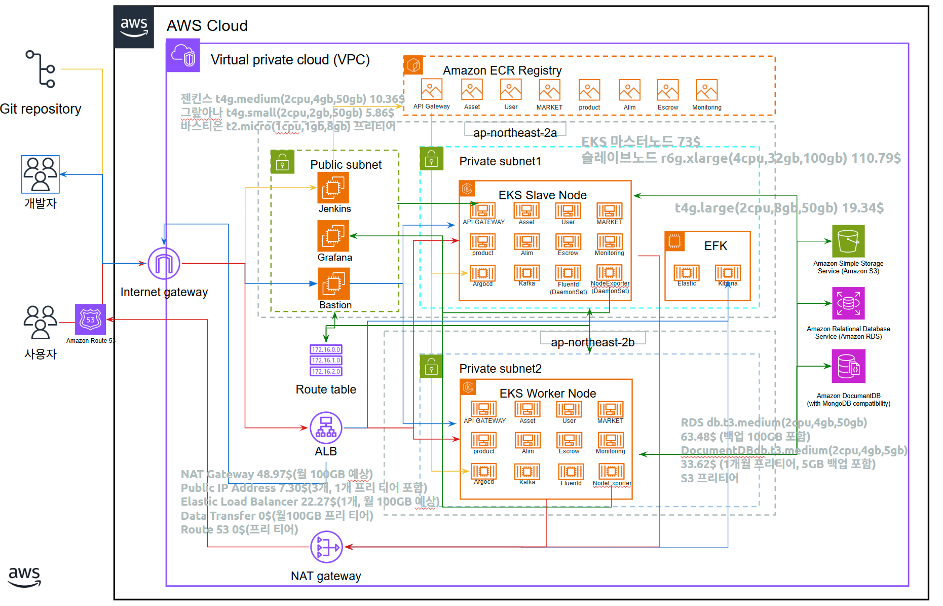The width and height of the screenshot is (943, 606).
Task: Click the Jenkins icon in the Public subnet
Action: [333, 188]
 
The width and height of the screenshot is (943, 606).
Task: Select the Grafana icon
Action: [333, 236]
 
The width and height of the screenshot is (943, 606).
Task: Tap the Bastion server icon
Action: [333, 283]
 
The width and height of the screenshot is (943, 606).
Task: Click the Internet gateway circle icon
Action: [164, 264]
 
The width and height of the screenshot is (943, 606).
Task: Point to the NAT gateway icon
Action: [326, 547]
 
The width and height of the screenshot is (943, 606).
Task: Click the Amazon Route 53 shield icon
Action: [90, 319]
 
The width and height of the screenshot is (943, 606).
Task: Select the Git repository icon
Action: [41, 69]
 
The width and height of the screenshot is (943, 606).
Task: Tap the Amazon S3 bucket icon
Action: [848, 241]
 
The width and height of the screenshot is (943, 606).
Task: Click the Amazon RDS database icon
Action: [848, 303]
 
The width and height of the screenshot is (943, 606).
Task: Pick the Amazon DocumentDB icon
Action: [848, 366]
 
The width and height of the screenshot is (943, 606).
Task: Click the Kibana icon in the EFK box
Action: [728, 272]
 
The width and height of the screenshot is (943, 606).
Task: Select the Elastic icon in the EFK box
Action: [687, 272]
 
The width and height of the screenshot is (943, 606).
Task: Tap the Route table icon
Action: [326, 361]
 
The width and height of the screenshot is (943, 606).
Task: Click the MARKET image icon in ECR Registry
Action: [549, 90]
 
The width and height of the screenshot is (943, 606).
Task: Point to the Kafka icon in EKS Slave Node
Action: [527, 273]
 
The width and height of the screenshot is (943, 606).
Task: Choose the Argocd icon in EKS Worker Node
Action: [484, 471]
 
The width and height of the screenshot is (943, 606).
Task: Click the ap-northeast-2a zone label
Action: [515, 133]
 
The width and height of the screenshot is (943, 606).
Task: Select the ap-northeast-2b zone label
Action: [592, 342]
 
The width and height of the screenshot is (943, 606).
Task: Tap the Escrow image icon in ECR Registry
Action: [668, 90]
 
